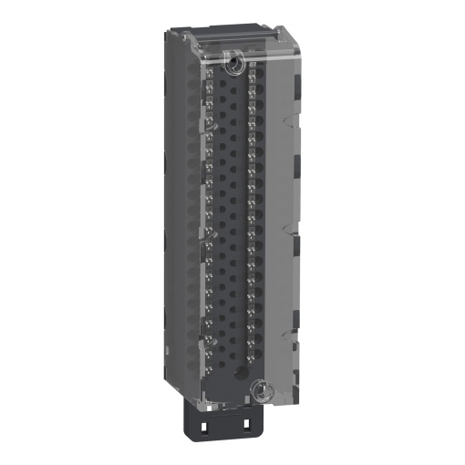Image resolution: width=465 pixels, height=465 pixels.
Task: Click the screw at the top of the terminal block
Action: [234, 62]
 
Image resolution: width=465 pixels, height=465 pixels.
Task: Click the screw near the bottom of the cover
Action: [258, 389]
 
